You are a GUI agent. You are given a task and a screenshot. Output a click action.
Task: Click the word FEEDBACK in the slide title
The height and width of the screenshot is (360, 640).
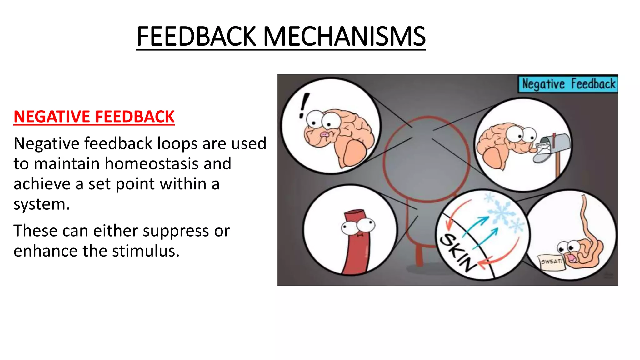click(197, 37)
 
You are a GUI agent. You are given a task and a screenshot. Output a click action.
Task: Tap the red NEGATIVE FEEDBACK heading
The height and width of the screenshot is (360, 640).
click(94, 117)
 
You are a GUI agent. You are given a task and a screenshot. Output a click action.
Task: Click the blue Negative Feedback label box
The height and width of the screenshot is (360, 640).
click(568, 84)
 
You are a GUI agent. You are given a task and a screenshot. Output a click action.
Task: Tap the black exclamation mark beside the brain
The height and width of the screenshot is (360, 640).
click(303, 106)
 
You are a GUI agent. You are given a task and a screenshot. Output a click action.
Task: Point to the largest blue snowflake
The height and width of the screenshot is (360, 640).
click(502, 213)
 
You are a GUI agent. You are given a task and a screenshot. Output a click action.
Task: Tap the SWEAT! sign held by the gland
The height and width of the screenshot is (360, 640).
click(551, 262)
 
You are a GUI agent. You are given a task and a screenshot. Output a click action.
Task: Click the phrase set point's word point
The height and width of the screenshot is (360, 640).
click(135, 184)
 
